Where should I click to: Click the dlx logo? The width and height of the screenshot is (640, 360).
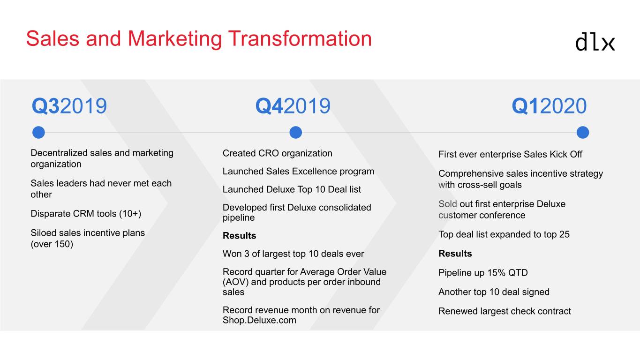595,42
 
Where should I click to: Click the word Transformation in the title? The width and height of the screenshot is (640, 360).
300,39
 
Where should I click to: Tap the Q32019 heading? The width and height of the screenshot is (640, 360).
69,106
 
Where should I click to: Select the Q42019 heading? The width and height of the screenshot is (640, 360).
293,106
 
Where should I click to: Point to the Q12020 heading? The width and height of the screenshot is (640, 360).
549,106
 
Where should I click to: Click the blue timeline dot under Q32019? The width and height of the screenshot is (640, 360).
38,132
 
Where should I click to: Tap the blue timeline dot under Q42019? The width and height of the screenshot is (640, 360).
296,132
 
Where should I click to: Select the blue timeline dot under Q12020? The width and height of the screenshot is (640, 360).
583,132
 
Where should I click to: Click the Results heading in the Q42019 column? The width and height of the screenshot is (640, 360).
240,236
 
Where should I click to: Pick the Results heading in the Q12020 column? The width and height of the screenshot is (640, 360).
455,254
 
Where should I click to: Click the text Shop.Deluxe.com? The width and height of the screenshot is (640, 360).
259,320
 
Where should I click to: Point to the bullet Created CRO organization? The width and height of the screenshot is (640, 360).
278,153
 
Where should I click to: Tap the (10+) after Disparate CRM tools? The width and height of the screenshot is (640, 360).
130,214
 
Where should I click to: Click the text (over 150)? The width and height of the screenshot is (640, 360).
52,244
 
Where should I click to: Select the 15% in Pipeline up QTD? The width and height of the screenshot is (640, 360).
496,273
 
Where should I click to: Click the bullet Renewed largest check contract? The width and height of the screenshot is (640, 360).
504,311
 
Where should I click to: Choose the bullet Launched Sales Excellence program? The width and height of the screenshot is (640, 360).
298,172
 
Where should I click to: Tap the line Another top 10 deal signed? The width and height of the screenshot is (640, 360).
494,292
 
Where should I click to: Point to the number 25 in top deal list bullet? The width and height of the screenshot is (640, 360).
565,234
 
